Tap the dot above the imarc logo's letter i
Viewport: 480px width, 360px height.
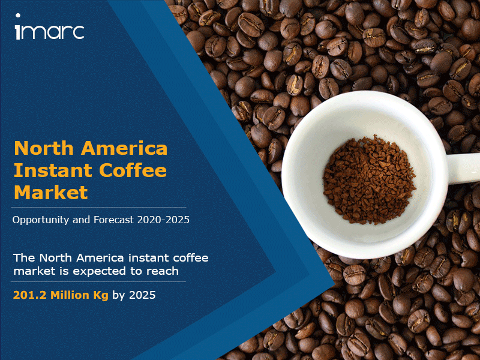click(18, 16)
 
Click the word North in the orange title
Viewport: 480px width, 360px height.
click(44, 148)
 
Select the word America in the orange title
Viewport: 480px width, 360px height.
click(124, 148)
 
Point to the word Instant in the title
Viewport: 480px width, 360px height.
click(53, 170)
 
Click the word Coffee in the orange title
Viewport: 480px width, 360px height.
click(133, 170)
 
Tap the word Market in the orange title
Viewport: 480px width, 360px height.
click(51, 193)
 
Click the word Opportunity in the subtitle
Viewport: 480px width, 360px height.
click(41, 220)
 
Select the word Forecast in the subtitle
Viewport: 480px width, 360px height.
click(113, 220)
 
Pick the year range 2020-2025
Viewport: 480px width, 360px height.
click(163, 220)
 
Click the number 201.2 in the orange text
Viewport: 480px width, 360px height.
click(29, 295)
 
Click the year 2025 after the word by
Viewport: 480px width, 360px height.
click(142, 295)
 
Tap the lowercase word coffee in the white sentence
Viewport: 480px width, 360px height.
click(191, 258)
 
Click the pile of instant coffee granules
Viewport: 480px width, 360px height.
click(369, 179)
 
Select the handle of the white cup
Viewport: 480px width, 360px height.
click(463, 168)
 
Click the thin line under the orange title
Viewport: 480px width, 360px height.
click(98, 207)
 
